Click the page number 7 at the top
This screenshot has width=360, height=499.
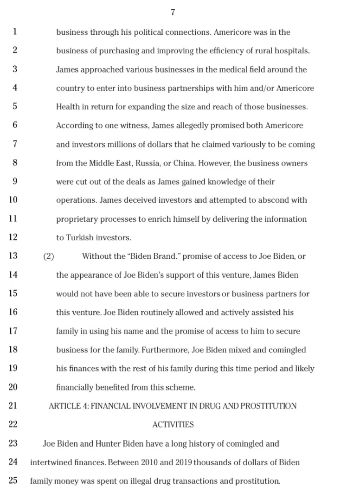pyautogui.click(x=173, y=13)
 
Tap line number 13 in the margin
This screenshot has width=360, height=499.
pyautogui.click(x=13, y=256)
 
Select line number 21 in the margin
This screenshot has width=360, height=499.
pyautogui.click(x=13, y=406)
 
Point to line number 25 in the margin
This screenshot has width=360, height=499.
pyautogui.click(x=13, y=480)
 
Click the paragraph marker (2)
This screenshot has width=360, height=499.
pyautogui.click(x=49, y=256)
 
